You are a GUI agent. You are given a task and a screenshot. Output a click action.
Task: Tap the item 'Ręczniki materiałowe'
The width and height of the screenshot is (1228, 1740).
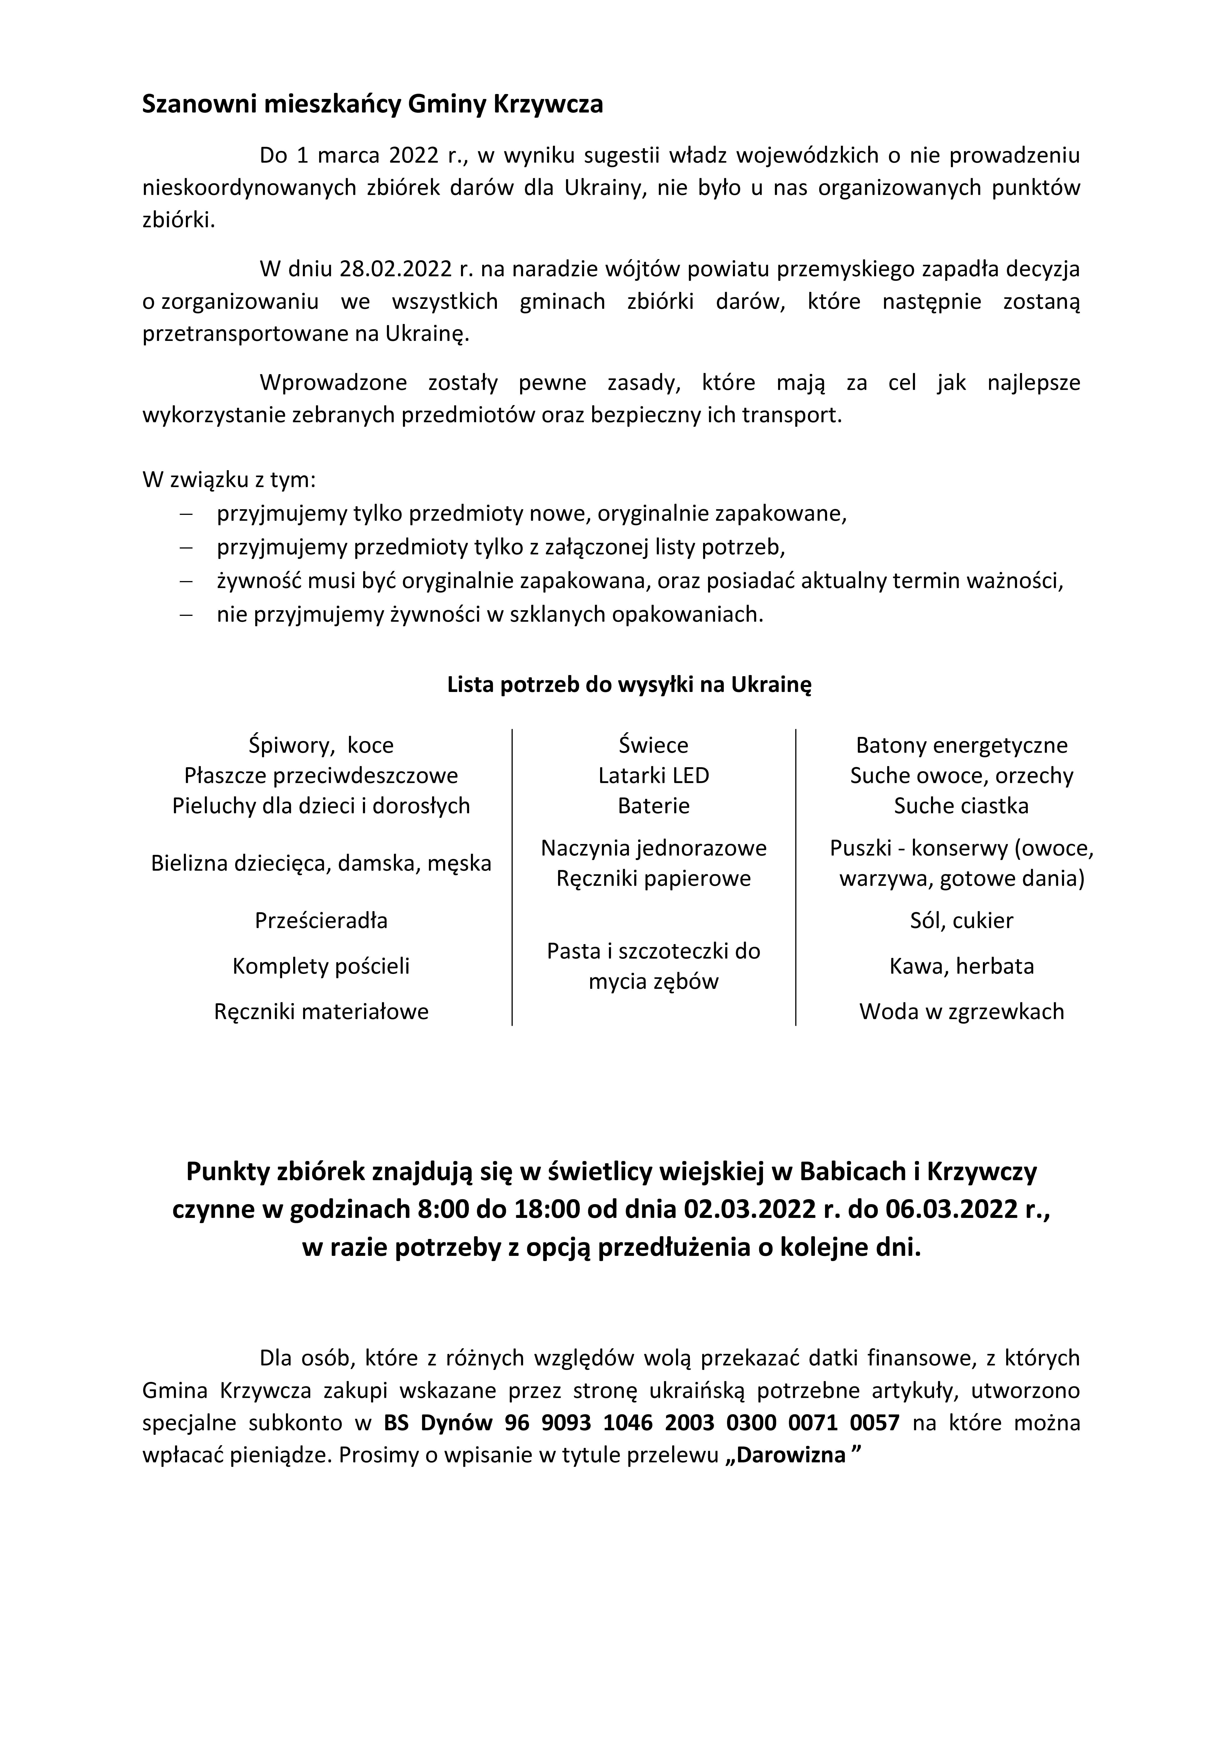pos(321,1012)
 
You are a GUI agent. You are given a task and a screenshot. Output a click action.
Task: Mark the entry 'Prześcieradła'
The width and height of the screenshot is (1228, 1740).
pos(321,921)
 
